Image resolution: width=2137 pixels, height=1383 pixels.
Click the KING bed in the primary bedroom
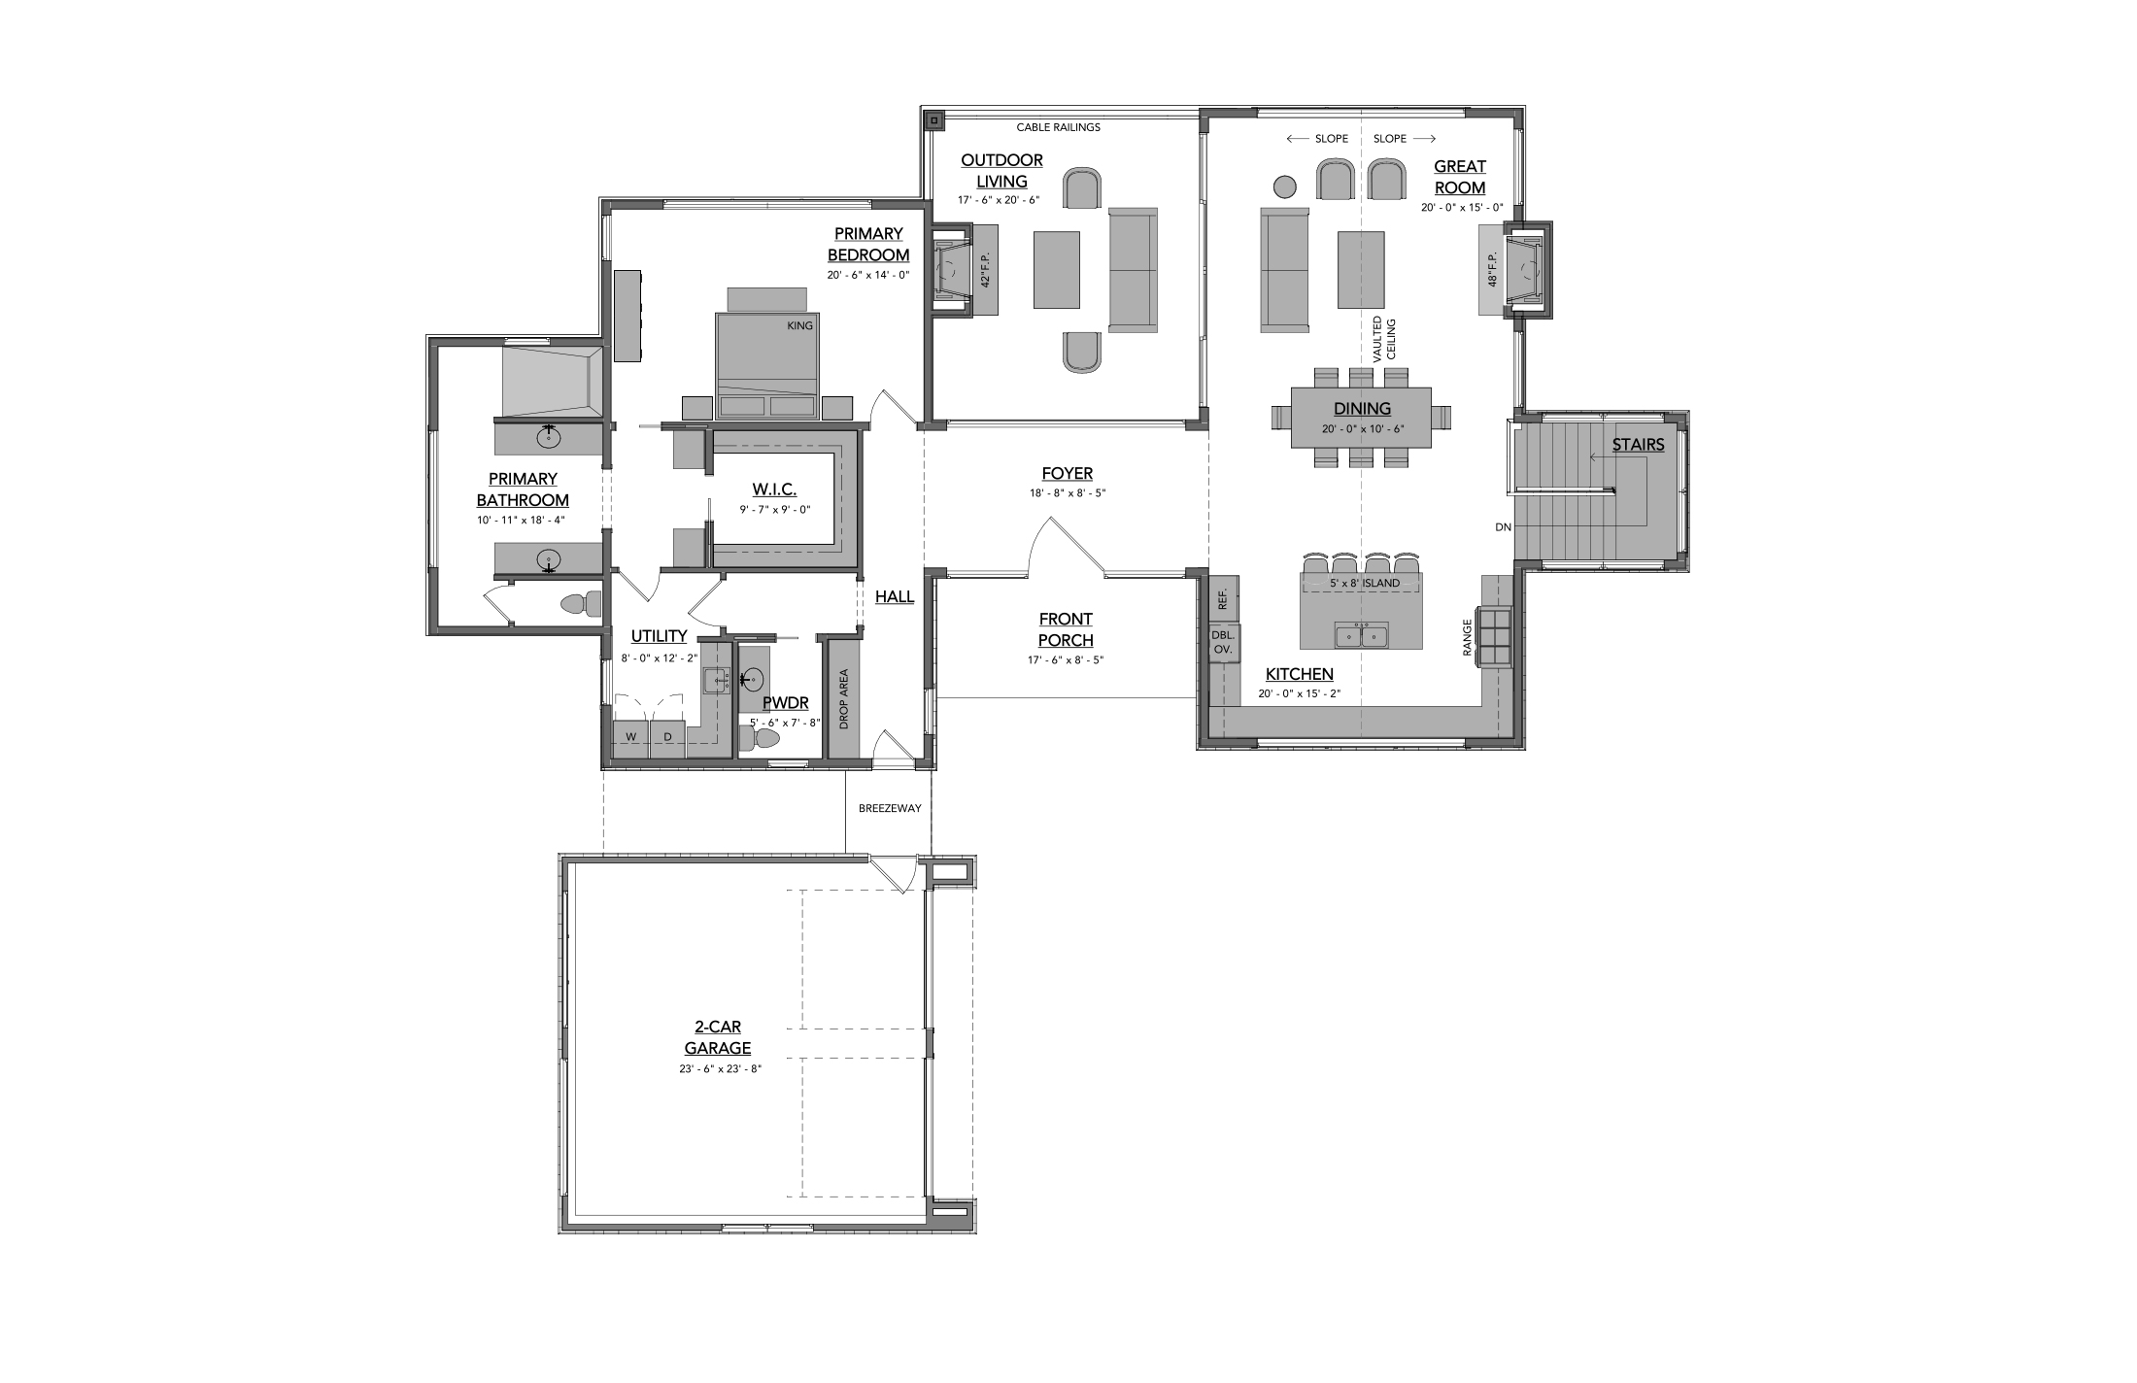coord(767,365)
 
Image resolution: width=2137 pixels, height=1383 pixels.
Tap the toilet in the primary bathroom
coord(583,604)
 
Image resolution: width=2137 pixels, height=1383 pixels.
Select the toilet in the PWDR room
coord(760,739)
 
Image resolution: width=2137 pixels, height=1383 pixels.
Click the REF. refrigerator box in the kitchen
coord(1223,599)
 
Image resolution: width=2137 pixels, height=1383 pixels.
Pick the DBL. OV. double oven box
coord(1223,642)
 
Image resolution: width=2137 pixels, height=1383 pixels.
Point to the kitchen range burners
coord(1494,636)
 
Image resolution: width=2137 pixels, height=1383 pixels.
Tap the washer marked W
coord(630,737)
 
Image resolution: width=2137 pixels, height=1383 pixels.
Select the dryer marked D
coord(667,737)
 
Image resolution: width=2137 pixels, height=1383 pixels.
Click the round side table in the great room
coord(1285,186)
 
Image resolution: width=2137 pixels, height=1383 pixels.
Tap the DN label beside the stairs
coord(1504,527)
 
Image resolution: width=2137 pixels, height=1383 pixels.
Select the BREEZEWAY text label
coord(890,808)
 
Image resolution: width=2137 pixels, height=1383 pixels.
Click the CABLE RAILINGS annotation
coord(1059,127)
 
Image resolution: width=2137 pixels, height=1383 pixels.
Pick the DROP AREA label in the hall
coord(844,699)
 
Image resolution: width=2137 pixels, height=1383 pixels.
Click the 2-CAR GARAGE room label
coord(718,1037)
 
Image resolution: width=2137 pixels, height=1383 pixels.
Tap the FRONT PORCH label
coord(1066,629)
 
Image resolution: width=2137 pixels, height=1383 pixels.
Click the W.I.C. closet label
coord(774,489)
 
